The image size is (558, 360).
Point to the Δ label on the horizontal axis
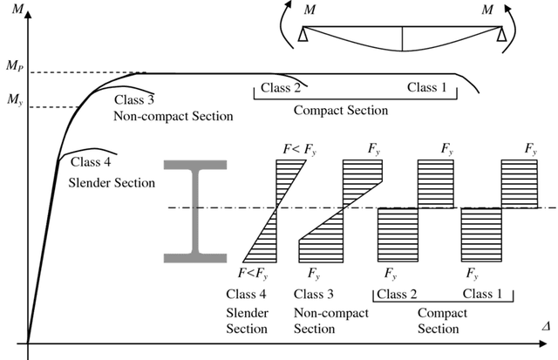click(x=545, y=324)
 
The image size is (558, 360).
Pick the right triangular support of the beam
click(x=501, y=35)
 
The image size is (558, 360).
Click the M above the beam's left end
click(x=310, y=10)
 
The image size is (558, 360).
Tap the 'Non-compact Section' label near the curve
click(x=173, y=115)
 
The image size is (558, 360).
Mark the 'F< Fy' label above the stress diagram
click(x=299, y=149)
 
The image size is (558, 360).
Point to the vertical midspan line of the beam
click(x=402, y=39)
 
